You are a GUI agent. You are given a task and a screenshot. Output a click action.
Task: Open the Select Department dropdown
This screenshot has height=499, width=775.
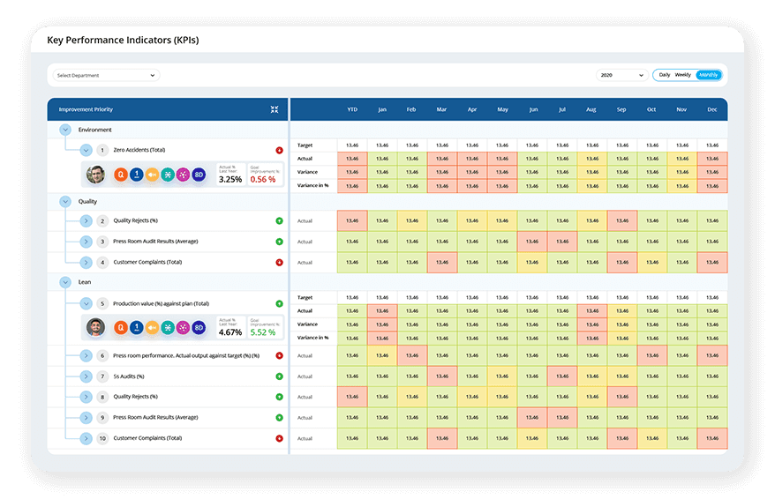(x=106, y=76)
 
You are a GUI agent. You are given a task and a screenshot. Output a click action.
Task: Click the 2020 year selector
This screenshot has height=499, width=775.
(x=621, y=76)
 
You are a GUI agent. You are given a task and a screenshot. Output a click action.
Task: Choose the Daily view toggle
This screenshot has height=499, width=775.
(x=664, y=75)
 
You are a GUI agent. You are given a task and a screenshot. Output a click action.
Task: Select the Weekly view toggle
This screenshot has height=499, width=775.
(x=682, y=75)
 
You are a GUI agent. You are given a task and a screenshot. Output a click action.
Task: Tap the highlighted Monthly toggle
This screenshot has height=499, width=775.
(x=708, y=75)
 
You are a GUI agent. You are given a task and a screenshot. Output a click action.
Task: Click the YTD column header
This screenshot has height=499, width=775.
(x=352, y=109)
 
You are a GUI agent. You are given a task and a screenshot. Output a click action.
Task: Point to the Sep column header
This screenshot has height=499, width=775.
(x=621, y=109)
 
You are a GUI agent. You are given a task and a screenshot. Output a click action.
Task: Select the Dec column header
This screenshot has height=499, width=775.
(x=711, y=109)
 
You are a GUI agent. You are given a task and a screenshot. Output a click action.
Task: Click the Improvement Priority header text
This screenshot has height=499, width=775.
(x=86, y=109)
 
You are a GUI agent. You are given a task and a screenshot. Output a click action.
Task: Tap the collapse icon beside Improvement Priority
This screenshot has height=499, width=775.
(x=275, y=109)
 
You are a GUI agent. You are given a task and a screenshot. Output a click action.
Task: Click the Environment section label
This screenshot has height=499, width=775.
(x=94, y=130)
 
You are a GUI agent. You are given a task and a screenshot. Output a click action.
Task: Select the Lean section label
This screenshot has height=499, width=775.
(x=86, y=282)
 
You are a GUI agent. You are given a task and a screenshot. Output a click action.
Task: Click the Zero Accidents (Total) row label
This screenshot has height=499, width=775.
(x=139, y=150)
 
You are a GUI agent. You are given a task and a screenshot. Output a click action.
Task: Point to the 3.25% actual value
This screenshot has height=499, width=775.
(x=229, y=179)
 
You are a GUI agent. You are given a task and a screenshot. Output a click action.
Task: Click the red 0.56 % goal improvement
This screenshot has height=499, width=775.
(x=262, y=179)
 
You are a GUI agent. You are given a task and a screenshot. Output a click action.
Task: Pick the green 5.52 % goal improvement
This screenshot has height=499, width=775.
(x=263, y=332)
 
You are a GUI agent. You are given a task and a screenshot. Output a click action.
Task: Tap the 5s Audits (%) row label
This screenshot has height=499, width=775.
(x=129, y=376)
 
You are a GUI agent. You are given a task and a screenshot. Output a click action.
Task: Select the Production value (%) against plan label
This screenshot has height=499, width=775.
(x=161, y=303)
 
